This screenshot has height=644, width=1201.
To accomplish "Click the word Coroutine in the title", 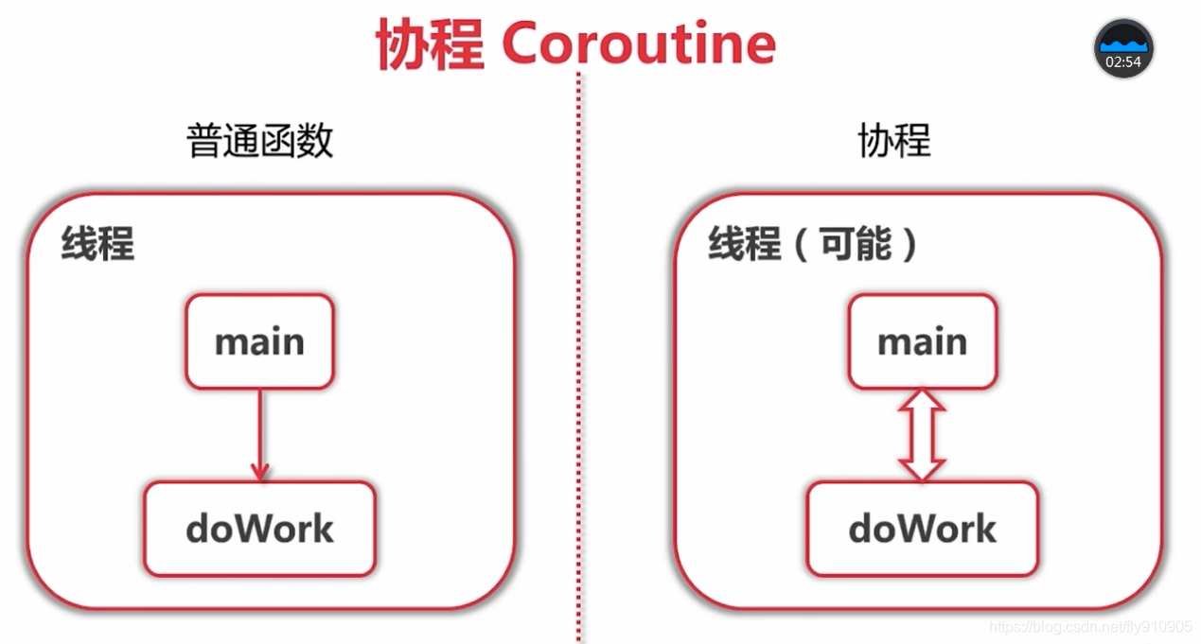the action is tap(639, 43).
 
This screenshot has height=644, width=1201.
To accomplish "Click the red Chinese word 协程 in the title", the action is tap(431, 44).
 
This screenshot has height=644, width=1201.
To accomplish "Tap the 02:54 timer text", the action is tap(1123, 62).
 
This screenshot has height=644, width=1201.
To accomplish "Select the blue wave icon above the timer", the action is tap(1123, 44).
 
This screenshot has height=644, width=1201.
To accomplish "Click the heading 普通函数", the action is tap(260, 142).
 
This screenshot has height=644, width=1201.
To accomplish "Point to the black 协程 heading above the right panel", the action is tap(894, 142).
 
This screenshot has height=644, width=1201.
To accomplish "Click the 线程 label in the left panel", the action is tap(97, 244).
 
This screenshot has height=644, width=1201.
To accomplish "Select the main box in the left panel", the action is tap(259, 341).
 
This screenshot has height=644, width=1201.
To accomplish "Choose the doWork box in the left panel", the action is tap(259, 529).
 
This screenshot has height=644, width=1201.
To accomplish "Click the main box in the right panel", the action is tap(923, 341).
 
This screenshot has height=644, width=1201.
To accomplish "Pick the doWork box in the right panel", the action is tap(923, 529).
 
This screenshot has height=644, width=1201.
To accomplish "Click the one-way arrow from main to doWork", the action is tap(259, 430).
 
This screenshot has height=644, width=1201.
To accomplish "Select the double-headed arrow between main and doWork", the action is tap(923, 435).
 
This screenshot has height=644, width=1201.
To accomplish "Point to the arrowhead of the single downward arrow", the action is tap(259, 471).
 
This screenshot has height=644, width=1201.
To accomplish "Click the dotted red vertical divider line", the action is tap(578, 378).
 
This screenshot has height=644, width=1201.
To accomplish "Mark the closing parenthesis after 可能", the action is tap(910, 244).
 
